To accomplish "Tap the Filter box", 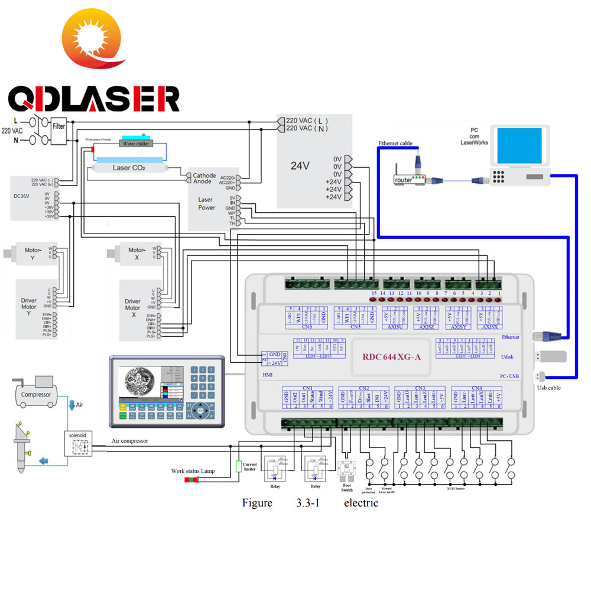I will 59,126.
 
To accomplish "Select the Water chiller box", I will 136,143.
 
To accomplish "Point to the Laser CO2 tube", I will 129,168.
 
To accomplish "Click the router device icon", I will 410,179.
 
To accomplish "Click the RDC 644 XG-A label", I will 391,356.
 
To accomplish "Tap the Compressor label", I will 37,394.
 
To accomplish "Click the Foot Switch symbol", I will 346,470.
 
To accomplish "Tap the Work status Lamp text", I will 193,471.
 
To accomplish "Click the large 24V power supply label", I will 300,166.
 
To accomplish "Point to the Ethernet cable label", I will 395,144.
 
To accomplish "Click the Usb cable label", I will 548,388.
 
